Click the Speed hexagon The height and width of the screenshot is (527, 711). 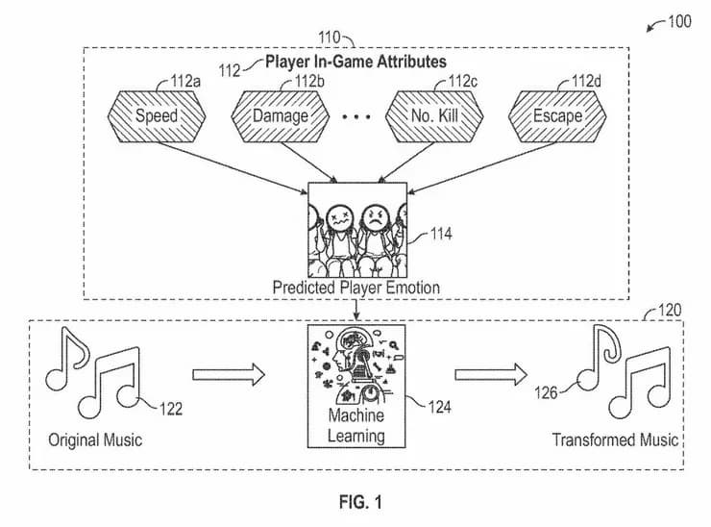point(156,115)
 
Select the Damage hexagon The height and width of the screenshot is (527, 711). point(281,115)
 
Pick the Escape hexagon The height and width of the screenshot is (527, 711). point(557,115)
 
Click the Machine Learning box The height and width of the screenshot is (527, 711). point(356,386)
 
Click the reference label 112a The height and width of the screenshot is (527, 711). point(184,81)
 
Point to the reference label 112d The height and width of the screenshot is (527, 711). point(588,81)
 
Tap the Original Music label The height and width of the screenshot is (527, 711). point(95,440)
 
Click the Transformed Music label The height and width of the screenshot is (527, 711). point(615,440)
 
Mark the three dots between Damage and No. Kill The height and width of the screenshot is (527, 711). point(356,117)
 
